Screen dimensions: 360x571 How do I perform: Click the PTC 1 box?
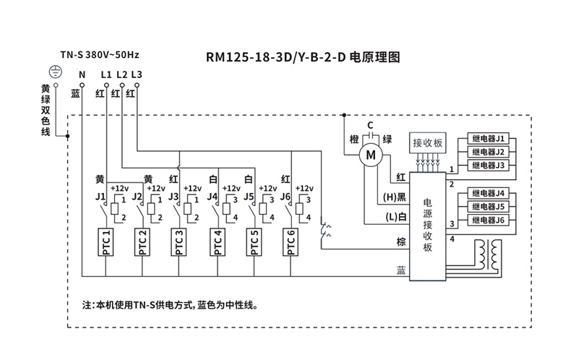pos(106,242)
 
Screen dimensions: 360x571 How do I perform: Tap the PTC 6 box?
pos(291,242)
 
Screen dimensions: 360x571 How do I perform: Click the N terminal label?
pos(82,74)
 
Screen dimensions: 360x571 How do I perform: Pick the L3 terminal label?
pos(137,74)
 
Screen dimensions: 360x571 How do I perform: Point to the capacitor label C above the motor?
pos(370,125)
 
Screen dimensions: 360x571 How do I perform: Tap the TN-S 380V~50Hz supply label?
pos(100,54)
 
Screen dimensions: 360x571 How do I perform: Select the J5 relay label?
pos(249,196)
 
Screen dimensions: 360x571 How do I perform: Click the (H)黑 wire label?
pos(393,197)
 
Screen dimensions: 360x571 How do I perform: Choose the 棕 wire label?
pos(400,241)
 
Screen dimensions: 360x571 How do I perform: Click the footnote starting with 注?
pos(171,305)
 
